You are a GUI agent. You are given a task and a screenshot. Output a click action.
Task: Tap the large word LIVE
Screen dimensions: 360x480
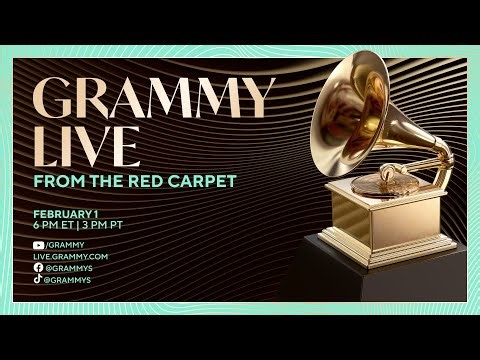pyautogui.click(x=87, y=144)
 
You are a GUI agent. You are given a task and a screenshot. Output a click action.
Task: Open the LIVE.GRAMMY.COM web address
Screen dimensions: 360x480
pyautogui.click(x=70, y=257)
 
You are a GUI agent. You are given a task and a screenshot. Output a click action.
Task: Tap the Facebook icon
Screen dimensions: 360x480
pyautogui.click(x=38, y=268)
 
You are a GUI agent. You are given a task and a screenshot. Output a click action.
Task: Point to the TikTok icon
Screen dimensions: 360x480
pyautogui.click(x=38, y=280)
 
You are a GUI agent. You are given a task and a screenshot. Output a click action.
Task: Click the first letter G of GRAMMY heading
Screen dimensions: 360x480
pyautogui.click(x=54, y=99)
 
